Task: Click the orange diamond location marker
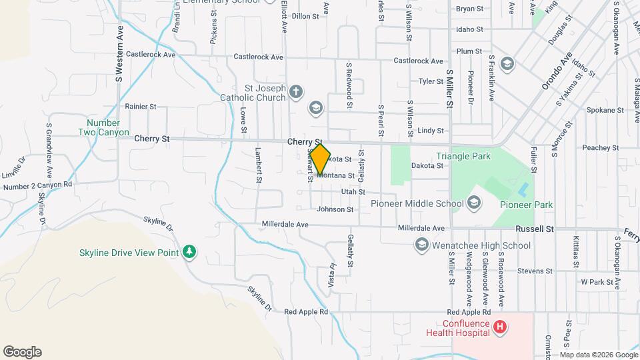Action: coord(321,160)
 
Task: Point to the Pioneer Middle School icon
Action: coord(474,203)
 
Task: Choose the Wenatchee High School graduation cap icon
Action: coord(421,245)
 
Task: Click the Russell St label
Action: coord(535,229)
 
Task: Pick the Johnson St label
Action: coord(335,209)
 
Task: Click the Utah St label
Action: coord(353,192)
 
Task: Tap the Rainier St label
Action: coord(141,106)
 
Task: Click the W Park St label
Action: coord(597,282)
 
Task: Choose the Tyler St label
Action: coord(431,81)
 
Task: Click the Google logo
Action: coord(22,352)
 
